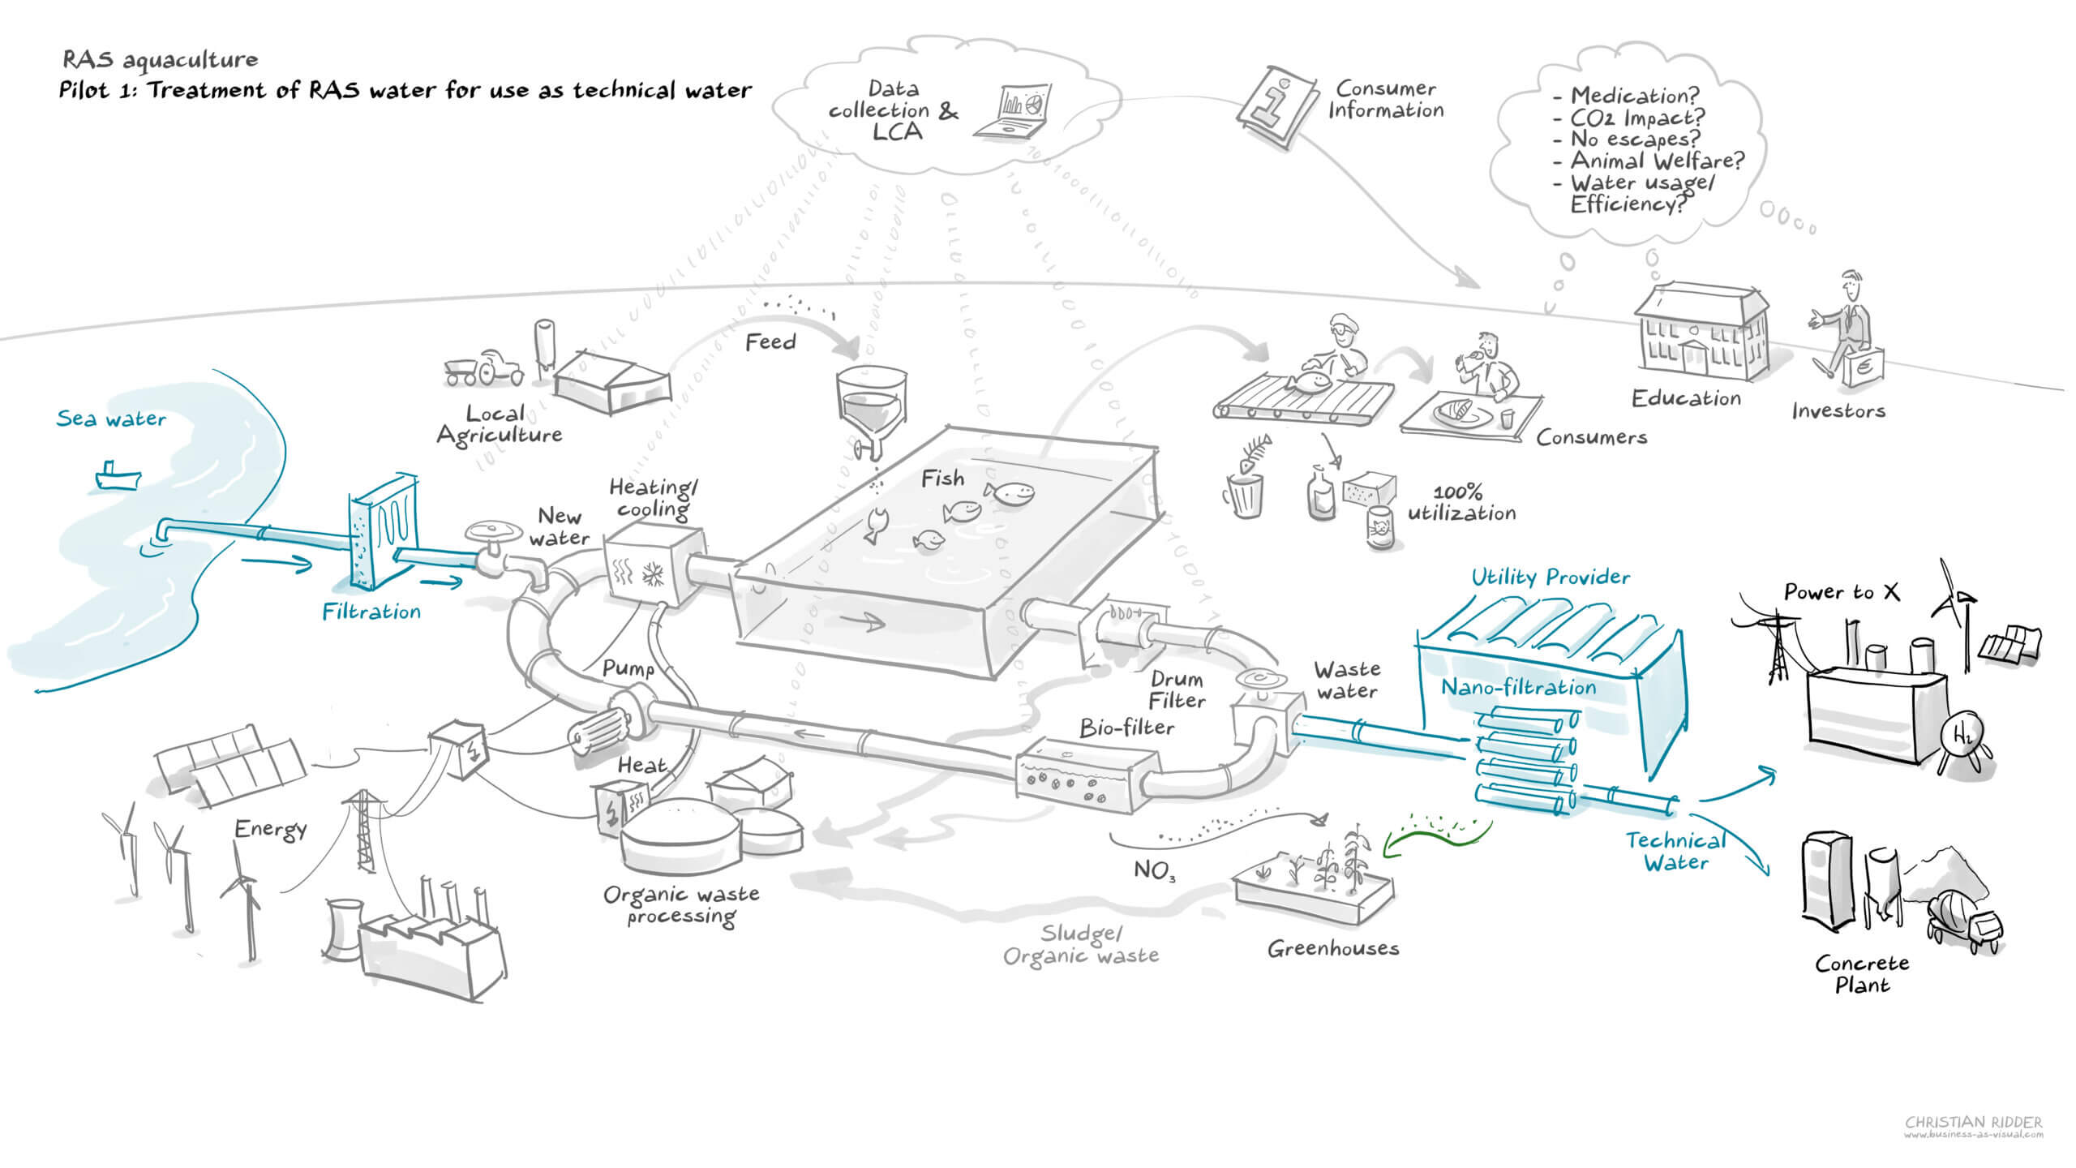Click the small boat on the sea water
(118, 476)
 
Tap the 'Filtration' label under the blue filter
(371, 612)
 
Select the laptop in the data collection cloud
(1014, 111)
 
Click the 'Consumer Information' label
(1385, 99)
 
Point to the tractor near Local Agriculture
(485, 369)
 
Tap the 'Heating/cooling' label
(653, 498)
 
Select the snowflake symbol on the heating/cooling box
(652, 573)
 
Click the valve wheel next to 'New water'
(493, 532)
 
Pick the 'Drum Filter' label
(1177, 689)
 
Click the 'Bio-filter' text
(1126, 728)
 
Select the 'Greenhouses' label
(1333, 948)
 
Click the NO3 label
(1154, 870)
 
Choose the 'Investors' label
(1838, 411)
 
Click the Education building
(1701, 333)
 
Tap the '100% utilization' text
(1460, 503)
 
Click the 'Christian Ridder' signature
(1973, 1123)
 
